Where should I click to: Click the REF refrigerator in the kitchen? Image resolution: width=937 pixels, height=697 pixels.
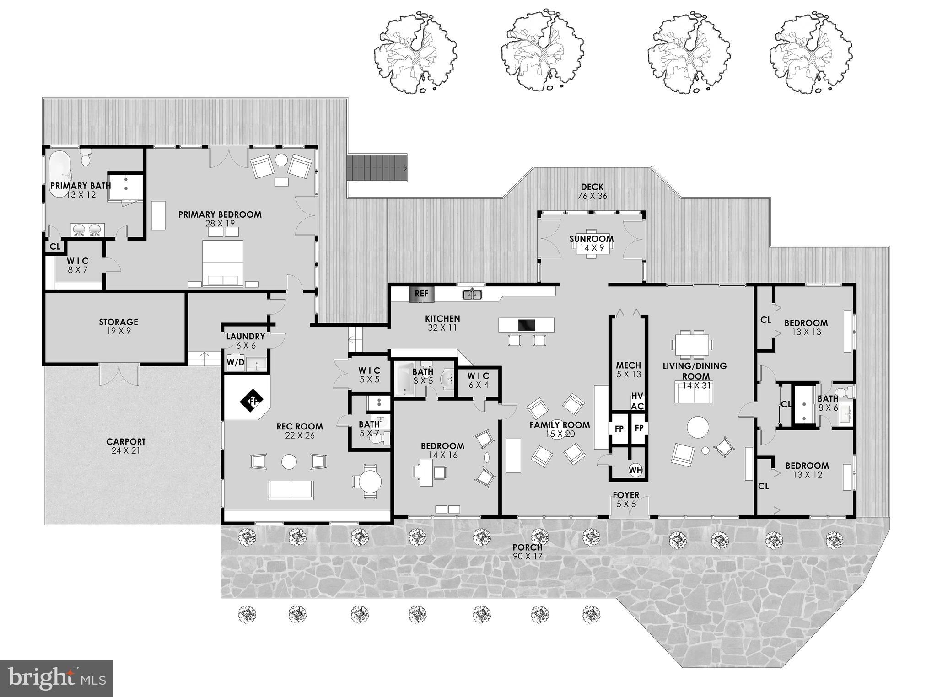coord(421,294)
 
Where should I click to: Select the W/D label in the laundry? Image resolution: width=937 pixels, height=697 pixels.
coord(235,363)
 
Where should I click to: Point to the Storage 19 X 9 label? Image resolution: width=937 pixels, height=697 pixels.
coord(118,326)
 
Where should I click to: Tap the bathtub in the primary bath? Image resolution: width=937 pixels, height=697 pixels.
coord(60,174)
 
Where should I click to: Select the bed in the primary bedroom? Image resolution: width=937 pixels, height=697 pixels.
coord(223,263)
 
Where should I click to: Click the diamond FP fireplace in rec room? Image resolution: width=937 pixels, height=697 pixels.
coord(252,402)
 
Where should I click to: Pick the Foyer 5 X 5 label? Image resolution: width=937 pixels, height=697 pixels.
coord(626,499)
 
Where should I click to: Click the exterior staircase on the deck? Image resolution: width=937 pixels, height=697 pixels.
coord(377,168)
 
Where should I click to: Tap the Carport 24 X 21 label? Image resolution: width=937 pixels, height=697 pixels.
coord(126,446)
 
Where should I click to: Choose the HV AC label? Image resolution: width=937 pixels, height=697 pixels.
coord(637,401)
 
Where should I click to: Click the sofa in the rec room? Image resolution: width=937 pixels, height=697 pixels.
coord(291,490)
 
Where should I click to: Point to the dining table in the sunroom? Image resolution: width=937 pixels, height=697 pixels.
coord(591,249)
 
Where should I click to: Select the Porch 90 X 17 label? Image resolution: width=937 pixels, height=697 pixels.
coord(527,552)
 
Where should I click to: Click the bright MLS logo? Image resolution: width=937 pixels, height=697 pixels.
coord(56,678)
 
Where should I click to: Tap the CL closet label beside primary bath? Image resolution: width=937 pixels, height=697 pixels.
coord(55,247)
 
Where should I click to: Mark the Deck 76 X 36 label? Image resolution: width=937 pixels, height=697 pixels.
coord(592,191)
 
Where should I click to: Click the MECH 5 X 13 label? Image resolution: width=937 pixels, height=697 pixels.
coord(628,370)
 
